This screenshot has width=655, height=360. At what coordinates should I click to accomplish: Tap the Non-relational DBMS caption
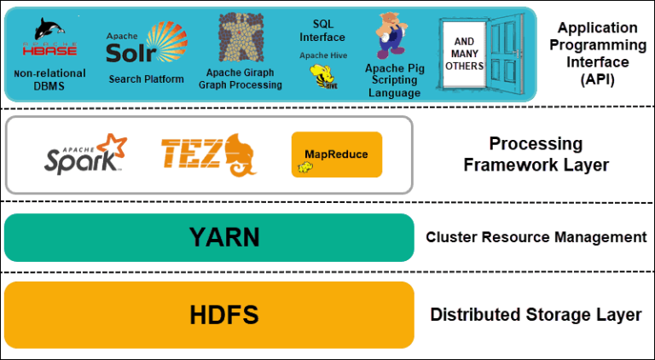pyautogui.click(x=49, y=79)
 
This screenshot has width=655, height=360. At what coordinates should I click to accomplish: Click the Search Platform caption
pyautogui.click(x=146, y=79)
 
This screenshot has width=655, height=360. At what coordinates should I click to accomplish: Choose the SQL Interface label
pyautogui.click(x=322, y=31)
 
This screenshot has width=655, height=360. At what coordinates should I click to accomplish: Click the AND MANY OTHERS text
pyautogui.click(x=464, y=54)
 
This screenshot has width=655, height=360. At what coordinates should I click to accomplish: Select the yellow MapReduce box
pyautogui.click(x=336, y=154)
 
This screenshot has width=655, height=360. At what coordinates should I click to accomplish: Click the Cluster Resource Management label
pyautogui.click(x=536, y=237)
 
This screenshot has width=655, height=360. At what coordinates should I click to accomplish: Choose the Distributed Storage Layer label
pyautogui.click(x=536, y=315)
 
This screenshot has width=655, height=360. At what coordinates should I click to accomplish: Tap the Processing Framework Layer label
pyautogui.click(x=536, y=154)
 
